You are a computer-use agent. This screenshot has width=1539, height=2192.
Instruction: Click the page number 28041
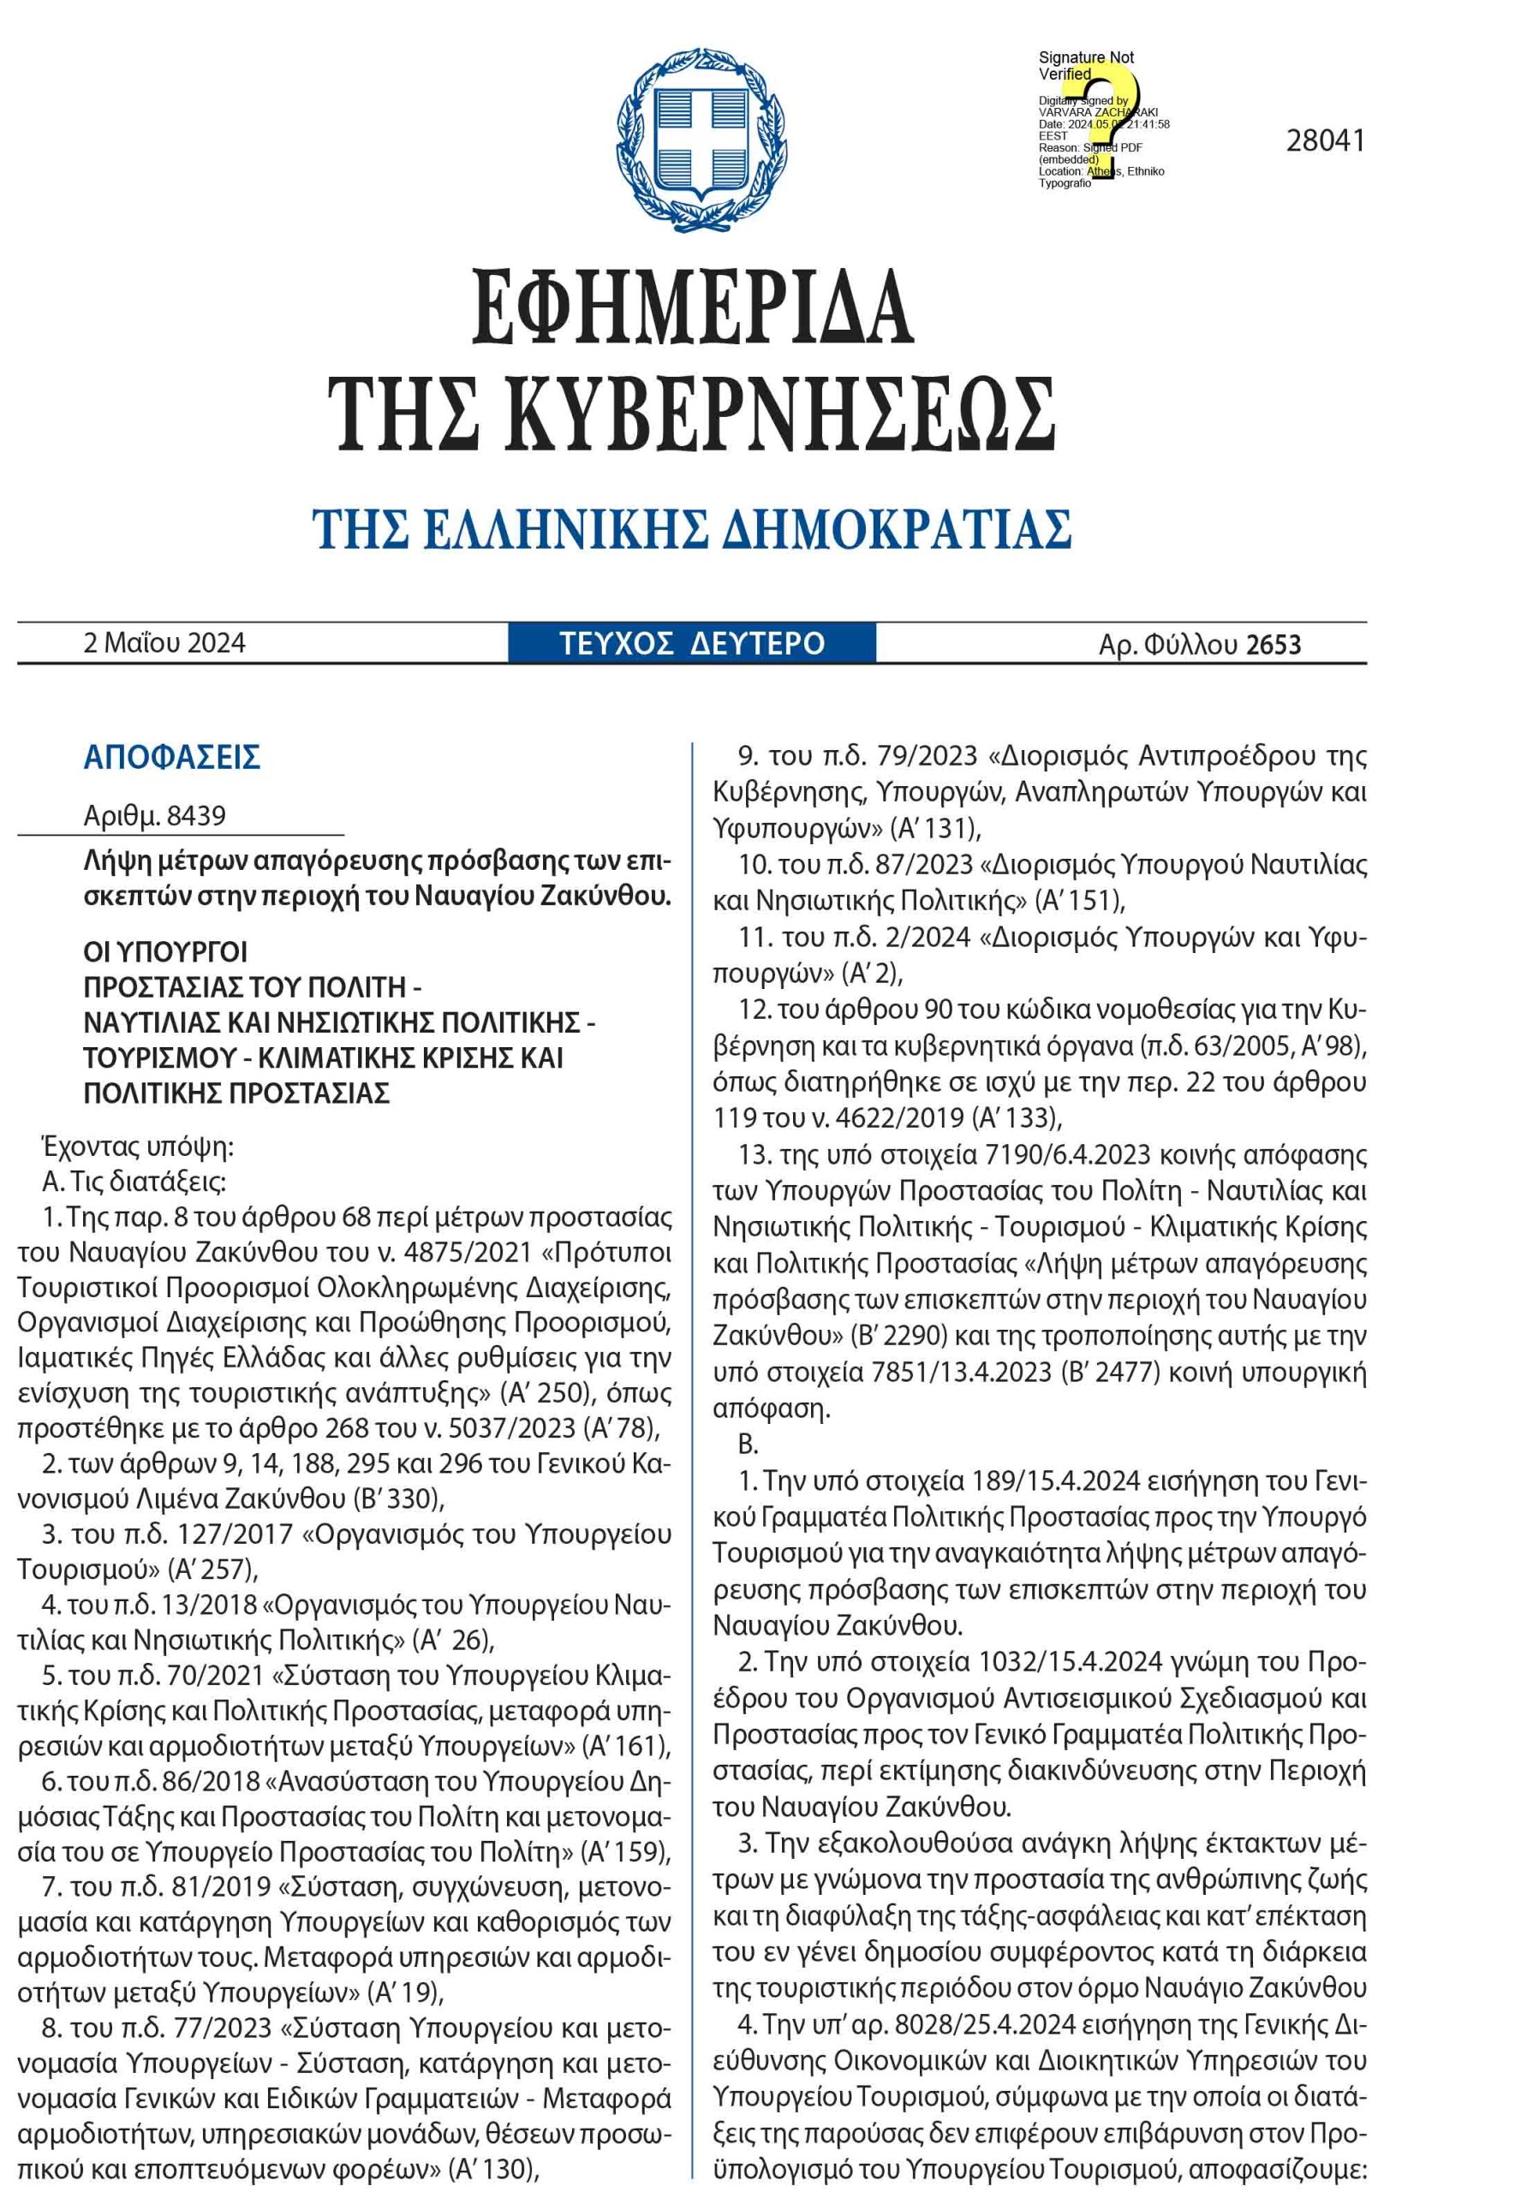coord(1325,141)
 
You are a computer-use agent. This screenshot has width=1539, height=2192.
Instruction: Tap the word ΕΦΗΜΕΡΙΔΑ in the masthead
coord(692,308)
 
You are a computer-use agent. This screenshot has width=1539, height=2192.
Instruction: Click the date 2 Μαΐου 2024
coord(164,643)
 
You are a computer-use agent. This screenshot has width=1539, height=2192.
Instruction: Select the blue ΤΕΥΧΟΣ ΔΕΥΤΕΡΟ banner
coord(691,643)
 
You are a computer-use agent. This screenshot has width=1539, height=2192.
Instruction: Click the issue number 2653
coord(1274,646)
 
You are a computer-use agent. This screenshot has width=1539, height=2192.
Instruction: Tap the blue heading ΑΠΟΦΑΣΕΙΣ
coord(172,758)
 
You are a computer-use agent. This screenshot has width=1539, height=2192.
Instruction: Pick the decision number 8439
coord(196,816)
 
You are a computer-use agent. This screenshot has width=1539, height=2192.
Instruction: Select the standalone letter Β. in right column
coord(748,1444)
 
